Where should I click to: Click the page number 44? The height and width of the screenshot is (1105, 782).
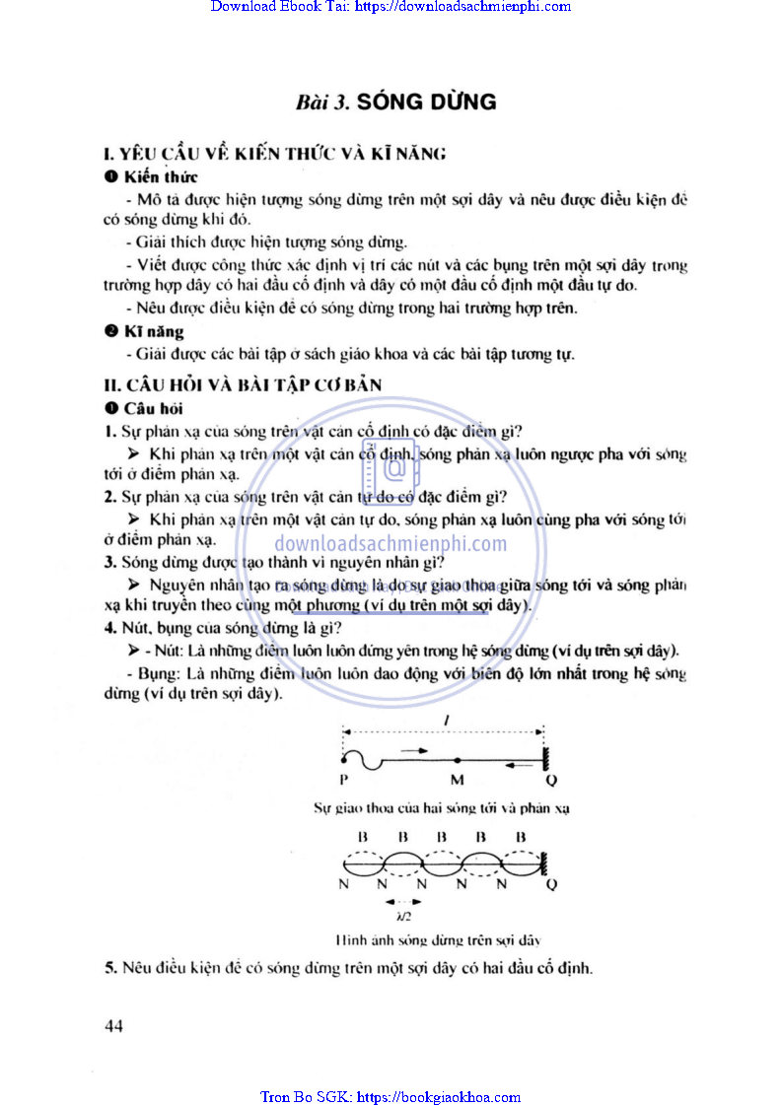(x=113, y=1026)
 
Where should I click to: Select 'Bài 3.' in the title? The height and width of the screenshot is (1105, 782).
(x=321, y=103)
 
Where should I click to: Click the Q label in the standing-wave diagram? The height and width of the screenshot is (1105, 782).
(x=551, y=883)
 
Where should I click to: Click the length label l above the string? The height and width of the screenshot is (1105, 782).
(x=447, y=723)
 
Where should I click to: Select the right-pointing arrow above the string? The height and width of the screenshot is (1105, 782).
(x=415, y=751)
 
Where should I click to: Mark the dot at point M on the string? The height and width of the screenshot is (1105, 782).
(x=458, y=760)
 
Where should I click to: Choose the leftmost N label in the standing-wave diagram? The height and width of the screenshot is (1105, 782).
(x=343, y=883)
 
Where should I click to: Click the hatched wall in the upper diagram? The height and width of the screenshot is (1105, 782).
(x=544, y=759)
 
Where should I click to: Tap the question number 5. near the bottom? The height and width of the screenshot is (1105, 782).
(x=110, y=968)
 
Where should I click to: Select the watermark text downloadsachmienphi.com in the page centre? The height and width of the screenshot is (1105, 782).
(x=391, y=543)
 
